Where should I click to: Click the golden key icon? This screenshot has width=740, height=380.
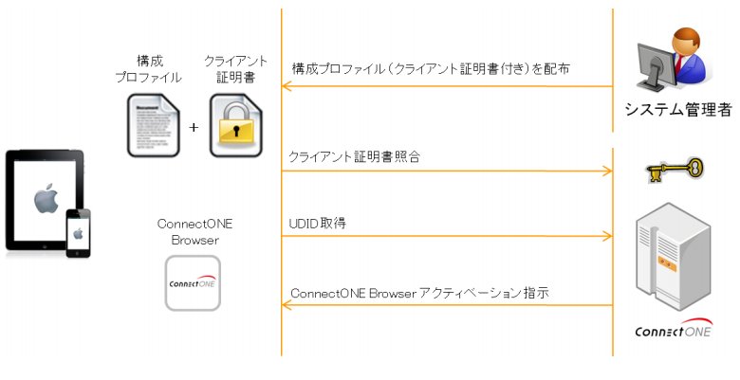[x=675, y=170]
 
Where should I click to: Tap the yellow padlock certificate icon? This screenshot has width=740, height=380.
[x=235, y=125]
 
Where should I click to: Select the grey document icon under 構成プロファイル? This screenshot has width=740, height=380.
[x=154, y=125]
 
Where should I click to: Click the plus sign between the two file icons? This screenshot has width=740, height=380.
[x=194, y=127]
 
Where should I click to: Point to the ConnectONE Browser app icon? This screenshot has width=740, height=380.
[x=193, y=283]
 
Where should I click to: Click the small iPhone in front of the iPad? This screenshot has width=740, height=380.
[x=78, y=233]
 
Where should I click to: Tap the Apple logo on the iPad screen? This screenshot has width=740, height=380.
[x=46, y=198]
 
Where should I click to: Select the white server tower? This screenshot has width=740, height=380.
[x=673, y=258]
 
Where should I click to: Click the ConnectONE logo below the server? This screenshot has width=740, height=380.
[x=673, y=329]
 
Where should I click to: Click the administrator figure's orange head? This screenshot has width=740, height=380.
[x=687, y=41]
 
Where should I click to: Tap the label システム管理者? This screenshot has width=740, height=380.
[x=677, y=110]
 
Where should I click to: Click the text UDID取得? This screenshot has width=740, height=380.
[x=317, y=223]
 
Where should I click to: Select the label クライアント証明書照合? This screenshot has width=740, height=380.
[x=354, y=157]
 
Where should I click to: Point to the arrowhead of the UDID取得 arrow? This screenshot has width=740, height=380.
[x=608, y=236]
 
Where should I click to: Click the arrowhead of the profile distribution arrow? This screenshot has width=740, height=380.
[x=286, y=86]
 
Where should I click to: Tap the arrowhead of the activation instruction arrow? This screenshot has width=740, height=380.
[x=286, y=305]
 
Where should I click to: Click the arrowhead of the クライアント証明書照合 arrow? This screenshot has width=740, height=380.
[x=608, y=171]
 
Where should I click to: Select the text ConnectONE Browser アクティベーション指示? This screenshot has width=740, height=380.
[x=419, y=293]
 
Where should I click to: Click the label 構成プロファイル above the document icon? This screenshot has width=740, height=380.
[x=149, y=69]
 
